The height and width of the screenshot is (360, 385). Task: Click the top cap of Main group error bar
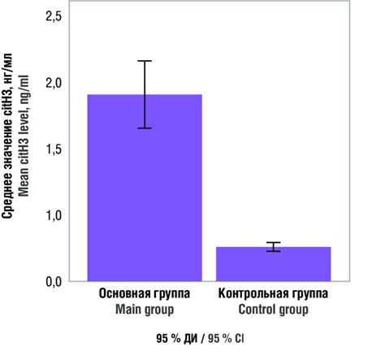(x=145, y=61)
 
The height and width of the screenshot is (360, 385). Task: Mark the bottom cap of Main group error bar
(x=145, y=128)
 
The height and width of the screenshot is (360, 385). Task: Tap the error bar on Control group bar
(x=273, y=247)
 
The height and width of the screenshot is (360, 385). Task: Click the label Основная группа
(x=145, y=294)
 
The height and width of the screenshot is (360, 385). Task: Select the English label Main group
(x=145, y=309)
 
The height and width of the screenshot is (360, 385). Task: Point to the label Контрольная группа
(x=273, y=294)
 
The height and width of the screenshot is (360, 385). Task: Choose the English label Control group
(x=273, y=309)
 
